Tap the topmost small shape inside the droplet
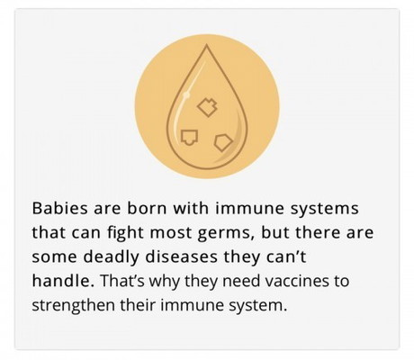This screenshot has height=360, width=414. click(x=208, y=108)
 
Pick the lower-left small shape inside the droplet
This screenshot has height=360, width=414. click(x=188, y=137)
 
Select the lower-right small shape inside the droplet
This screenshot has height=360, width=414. click(x=220, y=140)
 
